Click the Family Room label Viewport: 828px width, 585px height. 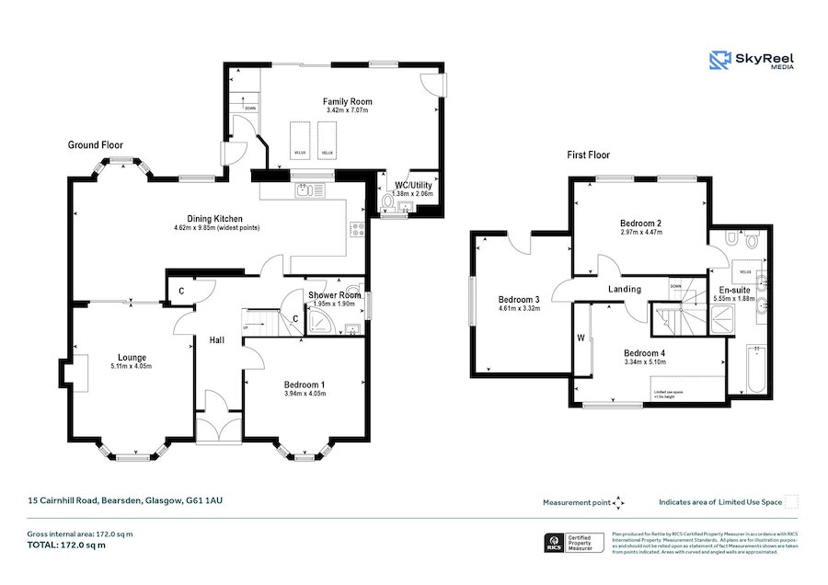pyautogui.click(x=346, y=101)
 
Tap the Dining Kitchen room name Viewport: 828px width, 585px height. pyautogui.click(x=214, y=219)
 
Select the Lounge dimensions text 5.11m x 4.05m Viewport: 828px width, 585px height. pyautogui.click(x=132, y=367)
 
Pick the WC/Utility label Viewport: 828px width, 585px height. pyautogui.click(x=412, y=185)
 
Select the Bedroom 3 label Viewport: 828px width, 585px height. pyautogui.click(x=519, y=299)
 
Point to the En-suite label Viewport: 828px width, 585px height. pyautogui.click(x=733, y=289)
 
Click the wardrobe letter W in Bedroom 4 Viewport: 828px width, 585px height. pyautogui.click(x=581, y=337)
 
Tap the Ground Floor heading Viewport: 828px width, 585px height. pyautogui.click(x=95, y=144)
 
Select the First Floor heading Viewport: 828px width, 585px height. pyautogui.click(x=588, y=155)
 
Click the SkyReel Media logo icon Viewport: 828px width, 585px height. pyautogui.click(x=719, y=61)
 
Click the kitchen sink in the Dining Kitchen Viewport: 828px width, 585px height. pyautogui.click(x=306, y=190)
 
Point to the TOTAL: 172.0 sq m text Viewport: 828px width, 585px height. pyautogui.click(x=65, y=545)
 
